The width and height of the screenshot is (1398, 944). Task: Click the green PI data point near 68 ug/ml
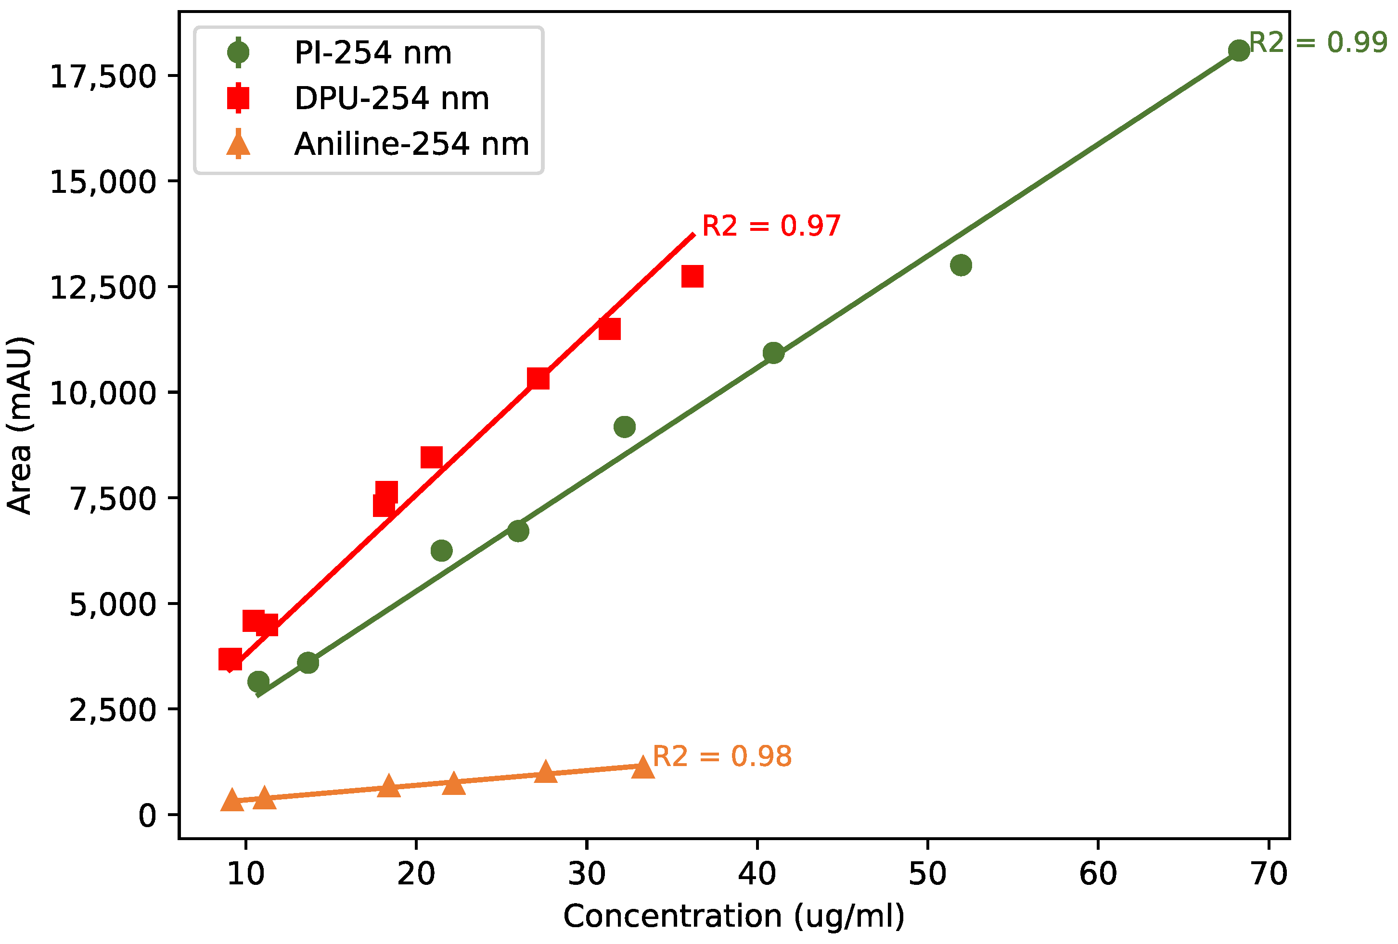click(1239, 50)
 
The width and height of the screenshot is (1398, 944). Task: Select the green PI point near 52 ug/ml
click(961, 265)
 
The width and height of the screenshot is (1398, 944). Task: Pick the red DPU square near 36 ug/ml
click(693, 277)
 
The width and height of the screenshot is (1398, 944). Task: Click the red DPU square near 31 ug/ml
click(609, 329)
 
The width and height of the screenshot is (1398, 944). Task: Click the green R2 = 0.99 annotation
click(1318, 43)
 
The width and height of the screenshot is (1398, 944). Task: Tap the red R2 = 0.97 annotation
click(770, 226)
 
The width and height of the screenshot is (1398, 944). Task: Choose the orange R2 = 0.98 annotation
click(721, 756)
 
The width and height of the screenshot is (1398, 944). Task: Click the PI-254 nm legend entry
click(372, 53)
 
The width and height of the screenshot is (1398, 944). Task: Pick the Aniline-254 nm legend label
click(411, 144)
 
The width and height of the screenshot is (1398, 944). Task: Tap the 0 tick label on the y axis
click(147, 816)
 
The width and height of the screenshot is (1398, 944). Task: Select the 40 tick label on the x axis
click(757, 874)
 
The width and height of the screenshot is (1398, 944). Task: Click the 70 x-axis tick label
click(1269, 874)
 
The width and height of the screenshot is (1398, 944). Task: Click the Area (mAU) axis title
click(19, 425)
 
